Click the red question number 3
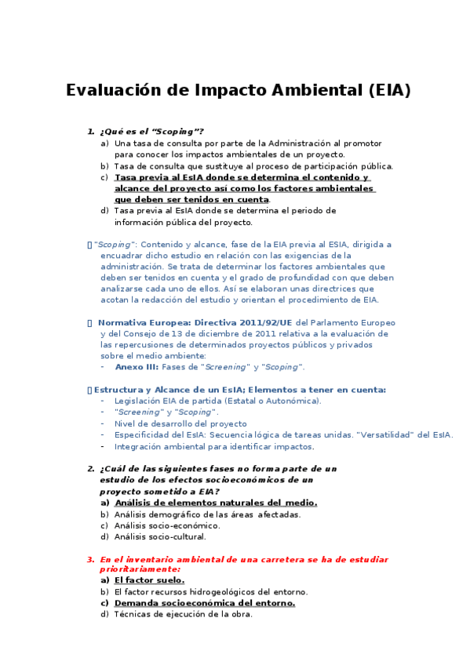[90, 559]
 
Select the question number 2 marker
[90, 468]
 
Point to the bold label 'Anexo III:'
[137, 366]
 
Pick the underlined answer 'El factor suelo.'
[149, 580]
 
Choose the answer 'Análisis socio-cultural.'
[159, 536]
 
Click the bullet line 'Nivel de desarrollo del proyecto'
[180, 423]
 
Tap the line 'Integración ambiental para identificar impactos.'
[213, 446]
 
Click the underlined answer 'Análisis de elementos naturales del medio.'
[215, 502]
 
